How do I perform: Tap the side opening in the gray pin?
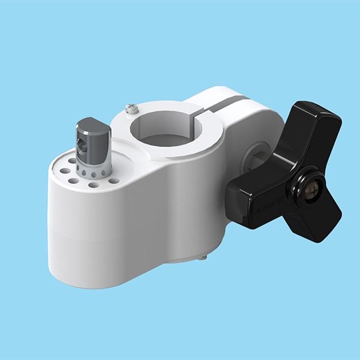click(85, 145)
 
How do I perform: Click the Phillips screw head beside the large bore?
click(130, 108)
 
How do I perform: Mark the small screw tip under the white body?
click(204, 257)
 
